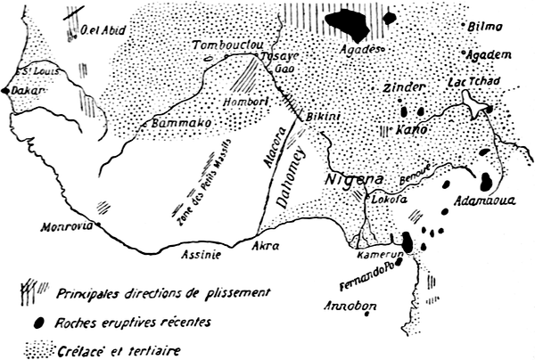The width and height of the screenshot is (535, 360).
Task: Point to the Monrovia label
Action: pos(67,227)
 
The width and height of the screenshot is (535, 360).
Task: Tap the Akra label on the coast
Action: pos(267,242)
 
